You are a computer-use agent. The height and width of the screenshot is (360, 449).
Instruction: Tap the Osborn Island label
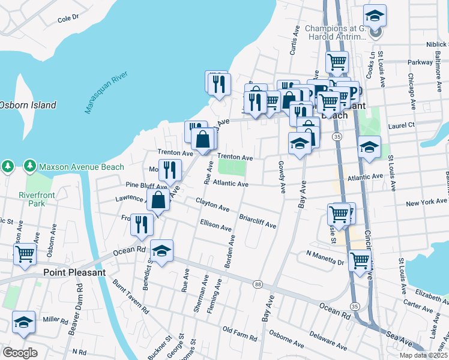pyautogui.click(x=28, y=105)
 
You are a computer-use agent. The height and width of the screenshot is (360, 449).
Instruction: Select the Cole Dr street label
pyautogui.click(x=68, y=19)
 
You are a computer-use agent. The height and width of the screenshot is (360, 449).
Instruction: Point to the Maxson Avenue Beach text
pyautogui.click(x=81, y=167)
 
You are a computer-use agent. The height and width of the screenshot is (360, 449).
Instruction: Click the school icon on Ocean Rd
pyautogui.click(x=161, y=251)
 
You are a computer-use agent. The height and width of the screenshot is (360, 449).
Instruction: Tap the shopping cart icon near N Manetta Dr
pyautogui.click(x=360, y=260)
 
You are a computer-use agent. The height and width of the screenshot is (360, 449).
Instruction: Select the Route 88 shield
pyautogui.click(x=258, y=284)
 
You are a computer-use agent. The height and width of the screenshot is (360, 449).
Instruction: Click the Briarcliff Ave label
pyautogui.click(x=258, y=221)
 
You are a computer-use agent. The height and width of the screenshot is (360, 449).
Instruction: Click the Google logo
pyautogui.click(x=20, y=352)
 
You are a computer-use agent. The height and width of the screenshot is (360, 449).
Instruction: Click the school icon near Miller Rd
pyautogui.click(x=23, y=323)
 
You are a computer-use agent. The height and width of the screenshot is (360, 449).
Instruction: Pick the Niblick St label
pyautogui.click(x=435, y=44)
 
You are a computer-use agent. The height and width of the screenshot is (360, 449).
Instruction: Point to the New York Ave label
pyautogui.click(x=426, y=203)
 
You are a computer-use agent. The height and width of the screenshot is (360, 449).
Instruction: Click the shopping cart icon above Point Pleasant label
pyautogui.click(x=25, y=254)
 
